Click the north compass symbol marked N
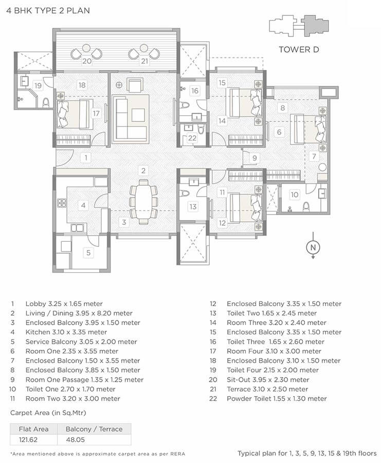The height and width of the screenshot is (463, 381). click(x=312, y=247)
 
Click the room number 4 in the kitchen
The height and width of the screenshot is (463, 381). click(x=83, y=205)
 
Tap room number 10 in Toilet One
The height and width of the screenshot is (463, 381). click(x=294, y=194)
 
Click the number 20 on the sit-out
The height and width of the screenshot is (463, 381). click(x=87, y=61)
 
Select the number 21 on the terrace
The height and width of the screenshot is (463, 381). click(x=144, y=61)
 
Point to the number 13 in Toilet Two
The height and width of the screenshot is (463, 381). click(x=193, y=206)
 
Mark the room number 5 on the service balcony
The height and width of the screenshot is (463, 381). click(x=88, y=253)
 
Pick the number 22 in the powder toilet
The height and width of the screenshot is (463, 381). click(x=192, y=138)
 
